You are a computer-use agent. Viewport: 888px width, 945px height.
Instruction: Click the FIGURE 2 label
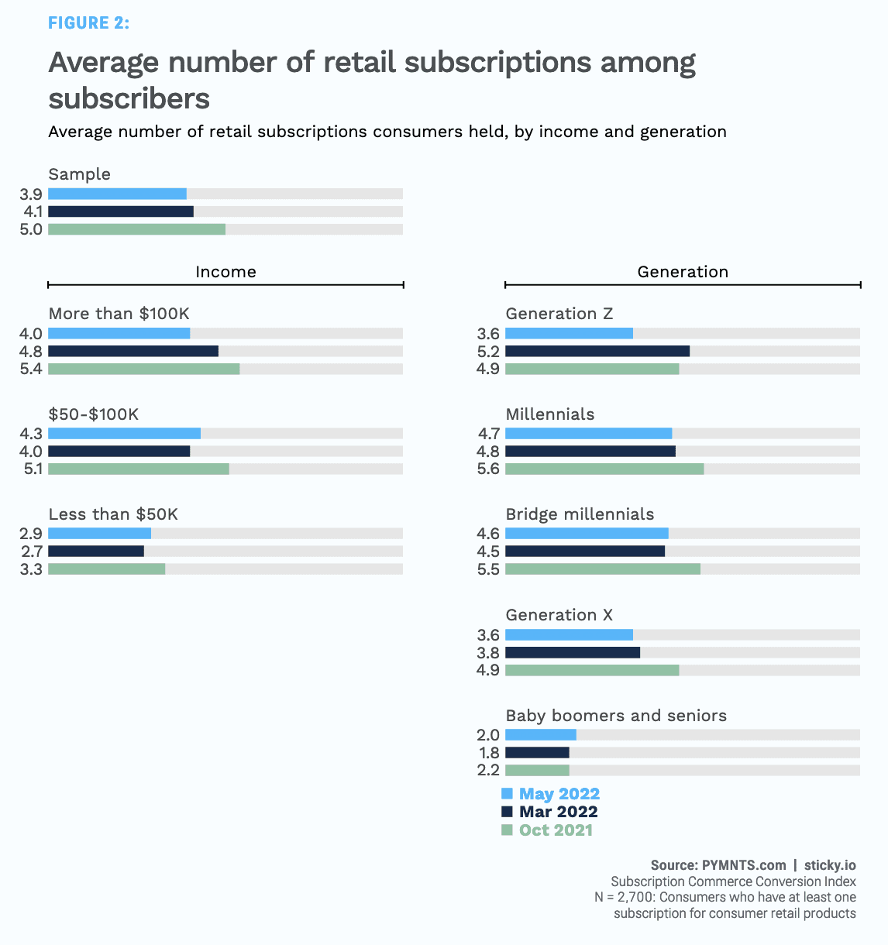pos(88,23)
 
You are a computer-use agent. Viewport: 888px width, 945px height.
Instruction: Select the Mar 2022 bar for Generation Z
pos(597,351)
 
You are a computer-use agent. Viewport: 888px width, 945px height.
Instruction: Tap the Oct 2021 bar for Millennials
pos(604,469)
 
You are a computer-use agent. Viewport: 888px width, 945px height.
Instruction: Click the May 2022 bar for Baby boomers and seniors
pos(540,734)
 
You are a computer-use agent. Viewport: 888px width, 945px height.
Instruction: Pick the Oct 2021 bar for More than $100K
pos(143,369)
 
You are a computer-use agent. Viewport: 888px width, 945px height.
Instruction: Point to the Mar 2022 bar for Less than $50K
pos(96,552)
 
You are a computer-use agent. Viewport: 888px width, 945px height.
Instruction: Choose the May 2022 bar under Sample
pos(117,194)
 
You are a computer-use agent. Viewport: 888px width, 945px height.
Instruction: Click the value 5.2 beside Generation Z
pos(488,352)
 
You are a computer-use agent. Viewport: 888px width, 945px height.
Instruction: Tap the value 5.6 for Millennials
pos(488,469)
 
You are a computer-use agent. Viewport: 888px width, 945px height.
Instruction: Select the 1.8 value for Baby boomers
pos(489,753)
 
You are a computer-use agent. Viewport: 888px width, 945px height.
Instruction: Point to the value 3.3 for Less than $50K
pos(31,569)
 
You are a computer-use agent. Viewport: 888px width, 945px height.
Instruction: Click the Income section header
pos(225,272)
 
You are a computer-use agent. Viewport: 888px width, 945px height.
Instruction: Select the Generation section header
pos(683,272)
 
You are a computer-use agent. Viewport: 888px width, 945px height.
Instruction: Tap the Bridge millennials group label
pos(580,514)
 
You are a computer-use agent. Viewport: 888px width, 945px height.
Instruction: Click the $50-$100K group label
pos(94,414)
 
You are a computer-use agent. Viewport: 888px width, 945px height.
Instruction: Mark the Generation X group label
pos(559,615)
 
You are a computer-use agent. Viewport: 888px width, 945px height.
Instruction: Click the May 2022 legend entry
pos(559,794)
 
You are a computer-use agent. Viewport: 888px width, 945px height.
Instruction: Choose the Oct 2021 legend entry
pos(555,830)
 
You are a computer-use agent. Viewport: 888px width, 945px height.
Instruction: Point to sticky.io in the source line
pos(830,865)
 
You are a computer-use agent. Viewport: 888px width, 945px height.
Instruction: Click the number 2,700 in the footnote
pos(635,898)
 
